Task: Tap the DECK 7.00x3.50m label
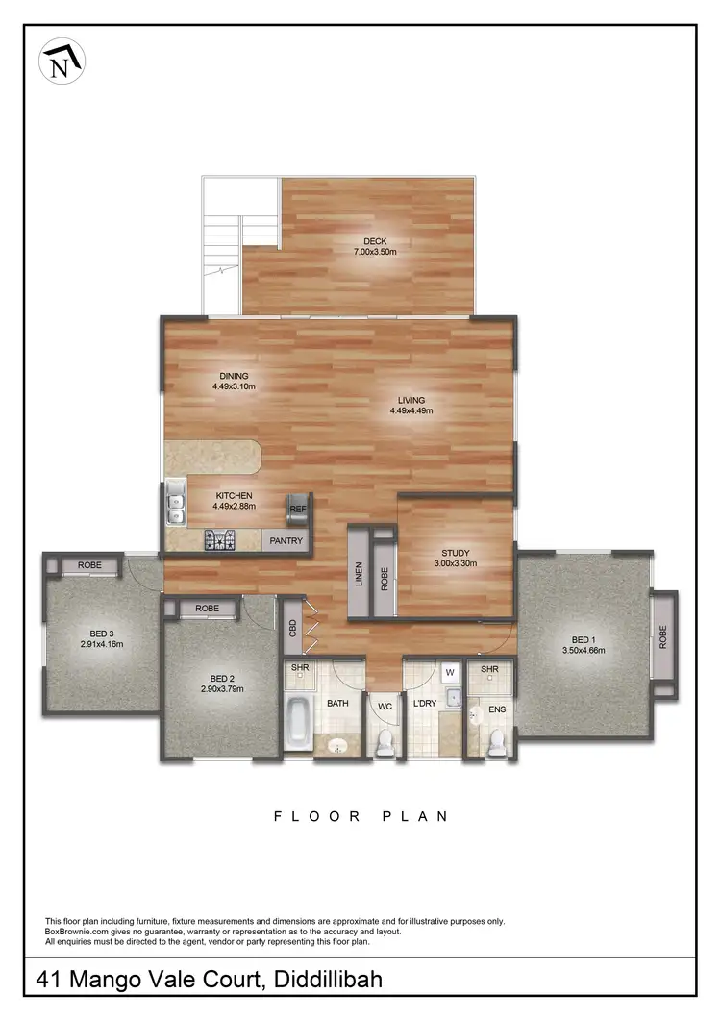pos(374,246)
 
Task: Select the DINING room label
pos(233,381)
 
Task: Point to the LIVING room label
pos(411,405)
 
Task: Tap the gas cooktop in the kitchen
pos(220,541)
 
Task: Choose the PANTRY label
pos(286,541)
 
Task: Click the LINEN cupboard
pos(359,572)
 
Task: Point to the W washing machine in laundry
pos(450,672)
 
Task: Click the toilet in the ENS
pos(497,741)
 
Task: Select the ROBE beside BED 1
pos(663,636)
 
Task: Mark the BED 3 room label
pos(102,638)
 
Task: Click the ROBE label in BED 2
pos(207,609)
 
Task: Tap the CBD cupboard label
pos(292,629)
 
